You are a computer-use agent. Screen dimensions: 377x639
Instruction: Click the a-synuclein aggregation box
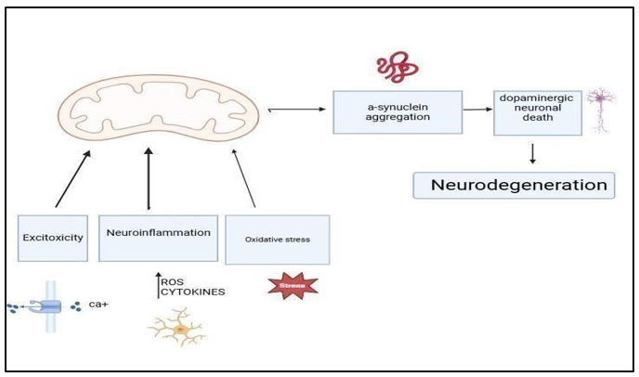398,112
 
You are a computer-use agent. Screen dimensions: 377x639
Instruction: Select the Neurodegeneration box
513,185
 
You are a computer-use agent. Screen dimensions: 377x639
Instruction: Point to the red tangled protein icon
398,67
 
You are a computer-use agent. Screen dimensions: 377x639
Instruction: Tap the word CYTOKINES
193,292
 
